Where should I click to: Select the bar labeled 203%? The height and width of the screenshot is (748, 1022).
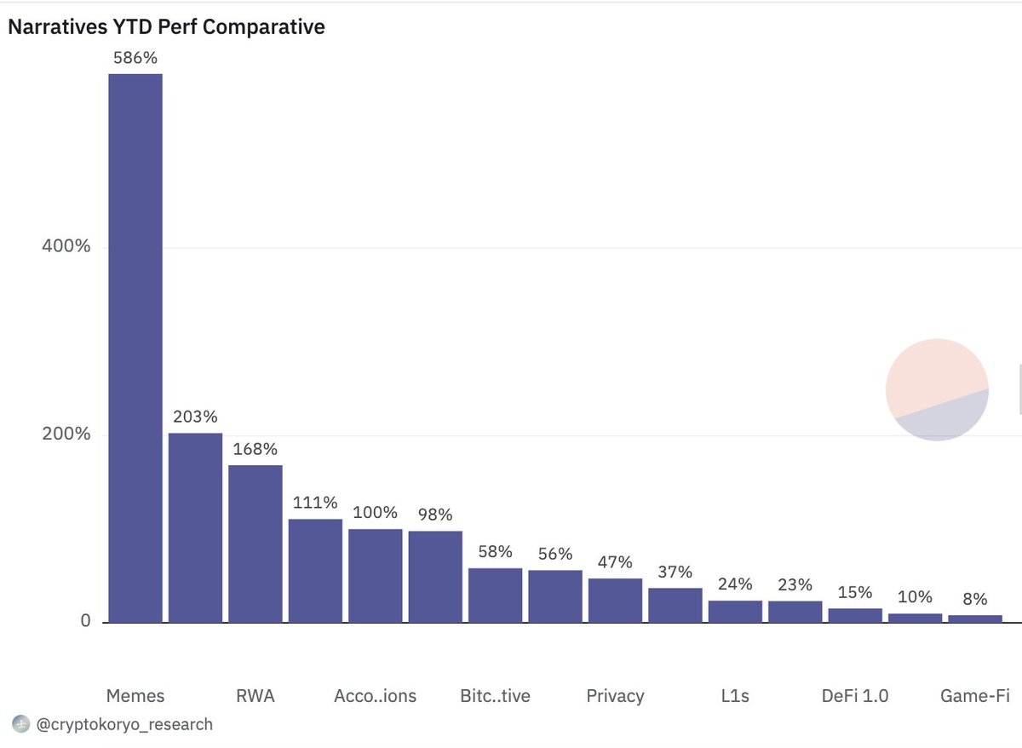[195, 527]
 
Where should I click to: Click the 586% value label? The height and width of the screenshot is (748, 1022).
[135, 59]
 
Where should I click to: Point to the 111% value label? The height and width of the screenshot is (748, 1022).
[315, 503]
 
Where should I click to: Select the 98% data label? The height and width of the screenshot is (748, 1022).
[435, 515]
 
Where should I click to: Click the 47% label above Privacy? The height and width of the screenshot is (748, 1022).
[615, 562]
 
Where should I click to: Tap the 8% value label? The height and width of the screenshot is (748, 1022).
[975, 599]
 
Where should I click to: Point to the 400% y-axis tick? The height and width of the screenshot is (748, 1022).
[66, 246]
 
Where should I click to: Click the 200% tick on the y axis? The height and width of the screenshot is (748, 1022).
[66, 434]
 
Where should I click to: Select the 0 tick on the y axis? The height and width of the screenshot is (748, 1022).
[85, 621]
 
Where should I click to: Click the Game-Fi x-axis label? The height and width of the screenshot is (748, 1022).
[974, 696]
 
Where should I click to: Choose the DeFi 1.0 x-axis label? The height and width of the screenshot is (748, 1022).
[855, 696]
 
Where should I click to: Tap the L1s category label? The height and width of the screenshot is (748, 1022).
[735, 696]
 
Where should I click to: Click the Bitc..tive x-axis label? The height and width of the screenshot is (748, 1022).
[495, 696]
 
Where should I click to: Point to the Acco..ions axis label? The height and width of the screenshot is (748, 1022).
[375, 696]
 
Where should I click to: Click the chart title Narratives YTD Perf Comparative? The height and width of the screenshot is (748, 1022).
[166, 27]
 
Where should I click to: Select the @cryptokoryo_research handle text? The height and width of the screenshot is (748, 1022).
[124, 725]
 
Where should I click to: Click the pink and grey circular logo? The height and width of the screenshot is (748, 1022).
[937, 389]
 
